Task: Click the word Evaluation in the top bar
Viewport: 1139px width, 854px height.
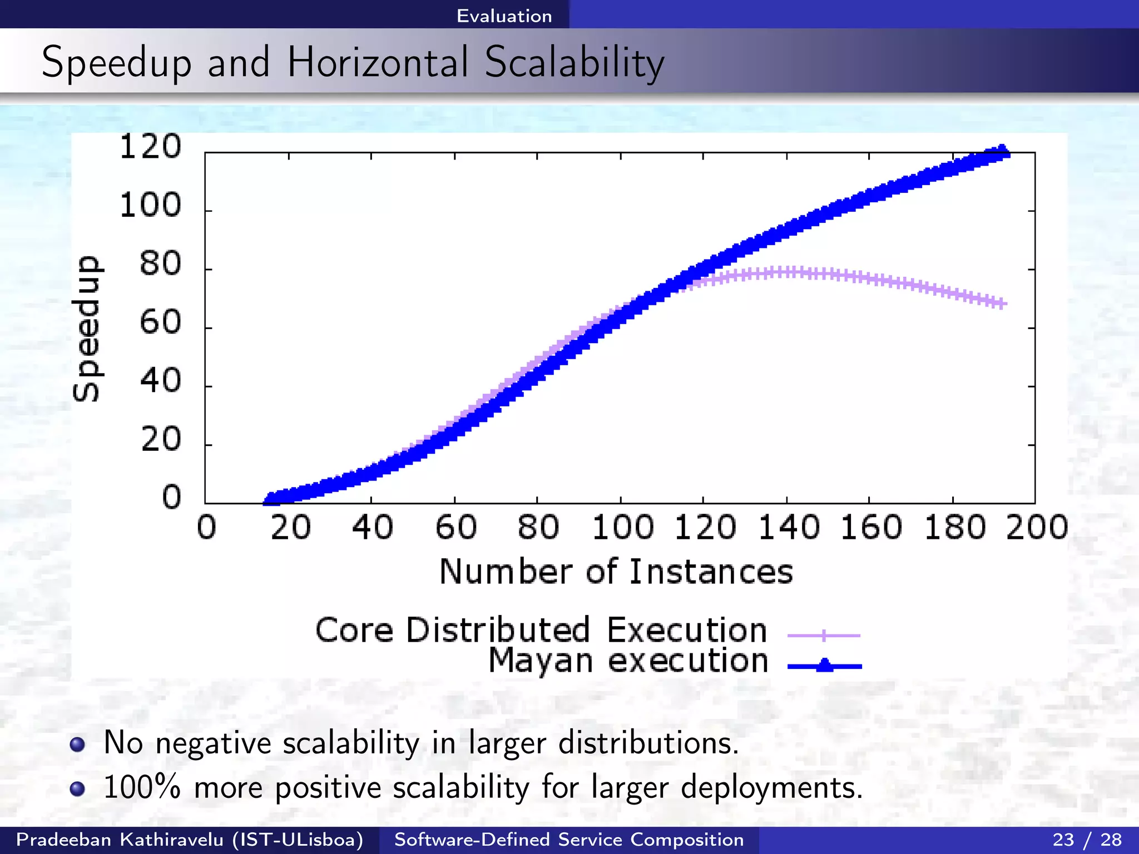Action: [504, 16]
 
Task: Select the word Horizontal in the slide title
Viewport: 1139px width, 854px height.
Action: [378, 62]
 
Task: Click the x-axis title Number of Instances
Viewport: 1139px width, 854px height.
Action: [616, 572]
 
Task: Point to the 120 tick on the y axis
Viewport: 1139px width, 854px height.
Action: [150, 147]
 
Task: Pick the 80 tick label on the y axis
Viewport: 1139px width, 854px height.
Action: [160, 264]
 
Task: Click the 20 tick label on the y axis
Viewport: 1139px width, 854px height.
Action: [160, 440]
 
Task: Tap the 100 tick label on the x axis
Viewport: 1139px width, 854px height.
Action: [622, 528]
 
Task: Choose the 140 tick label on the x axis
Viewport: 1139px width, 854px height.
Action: [789, 528]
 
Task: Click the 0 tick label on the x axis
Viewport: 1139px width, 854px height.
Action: [206, 528]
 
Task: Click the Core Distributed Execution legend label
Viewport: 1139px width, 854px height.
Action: [541, 630]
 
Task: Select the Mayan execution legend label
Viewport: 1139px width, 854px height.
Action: [628, 662]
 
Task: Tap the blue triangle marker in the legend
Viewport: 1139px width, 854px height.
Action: [825, 665]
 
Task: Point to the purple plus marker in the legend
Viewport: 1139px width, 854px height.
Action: [824, 635]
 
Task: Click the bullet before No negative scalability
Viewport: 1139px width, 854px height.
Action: [77, 744]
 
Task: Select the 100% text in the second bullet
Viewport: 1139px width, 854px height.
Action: [142, 787]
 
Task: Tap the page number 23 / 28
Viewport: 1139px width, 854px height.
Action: [1087, 840]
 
